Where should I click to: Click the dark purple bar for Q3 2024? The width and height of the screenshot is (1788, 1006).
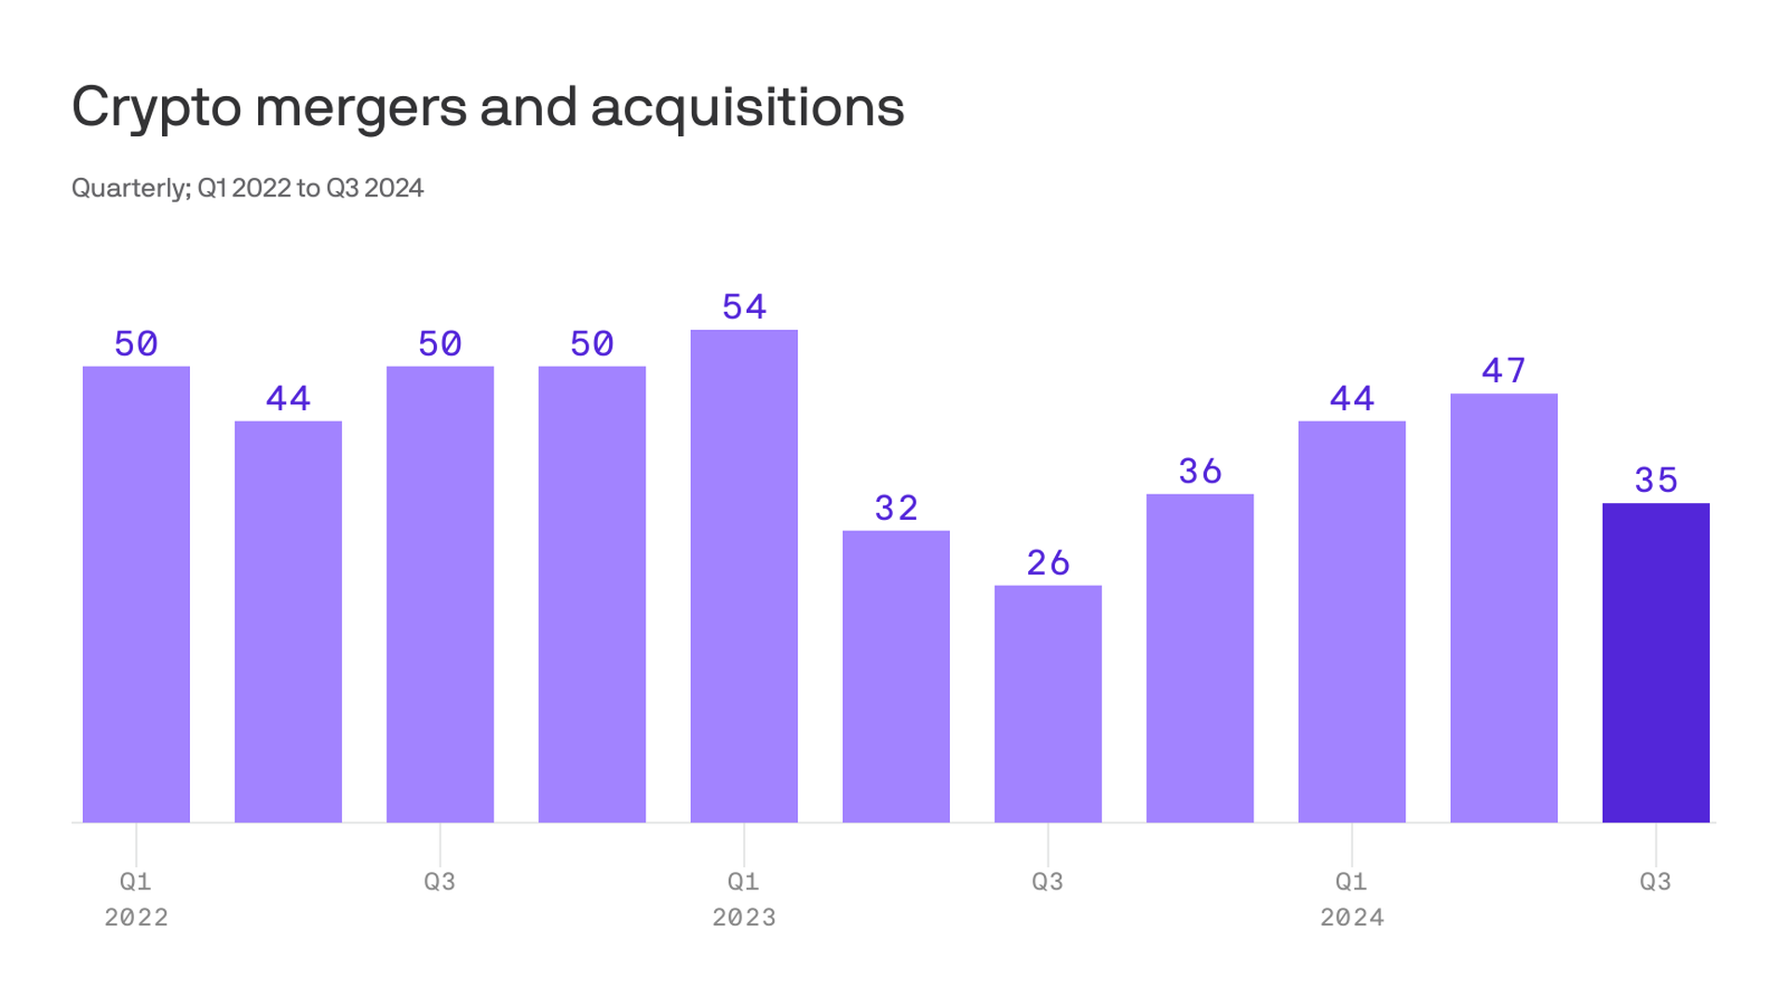coord(1655,662)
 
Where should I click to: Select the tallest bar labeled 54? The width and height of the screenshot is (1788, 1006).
coord(743,576)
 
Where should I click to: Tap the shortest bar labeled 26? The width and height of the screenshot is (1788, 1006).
coord(1048,703)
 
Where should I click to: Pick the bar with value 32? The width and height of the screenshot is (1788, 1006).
coord(896,676)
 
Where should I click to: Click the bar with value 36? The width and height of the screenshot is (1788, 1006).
coord(1199,658)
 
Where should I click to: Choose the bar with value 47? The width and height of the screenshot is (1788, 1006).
coord(1503,607)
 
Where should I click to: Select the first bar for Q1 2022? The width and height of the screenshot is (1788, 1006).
coord(136,594)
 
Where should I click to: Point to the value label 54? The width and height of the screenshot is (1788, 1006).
coord(744,306)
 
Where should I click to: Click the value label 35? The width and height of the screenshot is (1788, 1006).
coord(1656,481)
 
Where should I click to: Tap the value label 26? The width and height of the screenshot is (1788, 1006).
coord(1048,563)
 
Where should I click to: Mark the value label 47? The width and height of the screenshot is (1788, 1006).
coord(1503,371)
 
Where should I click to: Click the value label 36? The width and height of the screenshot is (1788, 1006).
coord(1199,471)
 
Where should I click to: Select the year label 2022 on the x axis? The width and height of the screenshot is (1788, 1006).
coord(136,918)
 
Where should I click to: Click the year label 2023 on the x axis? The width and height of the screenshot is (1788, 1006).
coord(744,918)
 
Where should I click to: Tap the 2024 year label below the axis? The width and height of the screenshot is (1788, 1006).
coord(1351,918)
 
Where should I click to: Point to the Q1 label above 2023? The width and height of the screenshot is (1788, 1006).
coord(743,881)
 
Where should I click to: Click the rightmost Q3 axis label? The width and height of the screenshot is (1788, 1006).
coord(1655,881)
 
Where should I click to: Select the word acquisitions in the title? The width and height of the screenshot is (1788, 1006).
coord(747,108)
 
